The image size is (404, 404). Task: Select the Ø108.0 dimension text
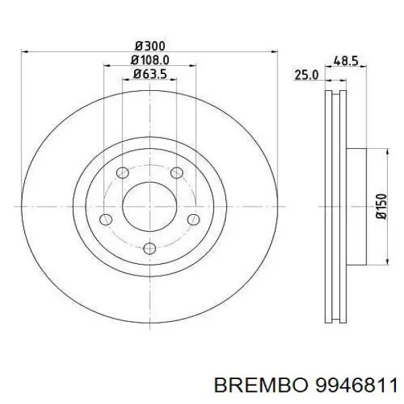tap(149, 60)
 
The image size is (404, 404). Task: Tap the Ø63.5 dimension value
tap(149, 74)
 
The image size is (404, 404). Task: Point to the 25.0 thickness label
tap(306, 76)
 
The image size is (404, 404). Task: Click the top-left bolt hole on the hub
tap(122, 173)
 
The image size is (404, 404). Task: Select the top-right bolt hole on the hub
tap(176, 173)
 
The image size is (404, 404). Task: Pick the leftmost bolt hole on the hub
tap(105, 218)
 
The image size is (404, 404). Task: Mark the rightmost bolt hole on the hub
tap(193, 218)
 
